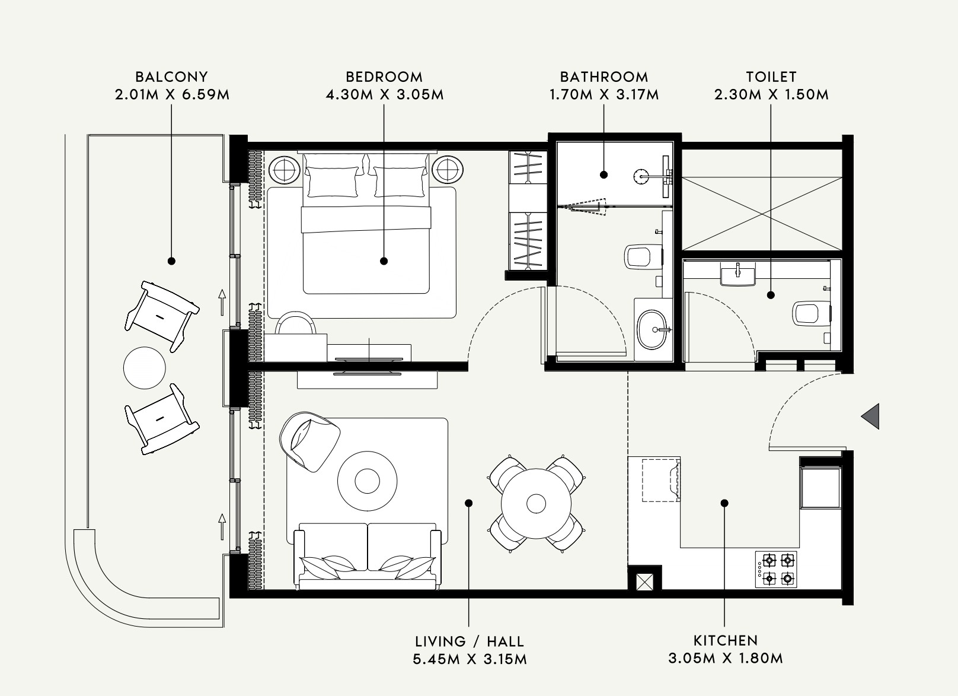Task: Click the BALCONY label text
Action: pos(171,77)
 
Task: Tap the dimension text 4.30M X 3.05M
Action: pos(384,94)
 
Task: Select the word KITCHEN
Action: pos(726,640)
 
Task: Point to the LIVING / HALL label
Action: pos(469,641)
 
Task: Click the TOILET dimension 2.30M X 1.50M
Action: pos(771,94)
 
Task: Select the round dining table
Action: pos(536,503)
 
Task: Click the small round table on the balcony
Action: pos(144,368)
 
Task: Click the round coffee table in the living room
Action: pos(368,479)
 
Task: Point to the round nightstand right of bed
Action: pos(448,170)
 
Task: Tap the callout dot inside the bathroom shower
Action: pos(603,174)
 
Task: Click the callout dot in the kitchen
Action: pos(724,503)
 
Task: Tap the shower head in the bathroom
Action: pos(640,174)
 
